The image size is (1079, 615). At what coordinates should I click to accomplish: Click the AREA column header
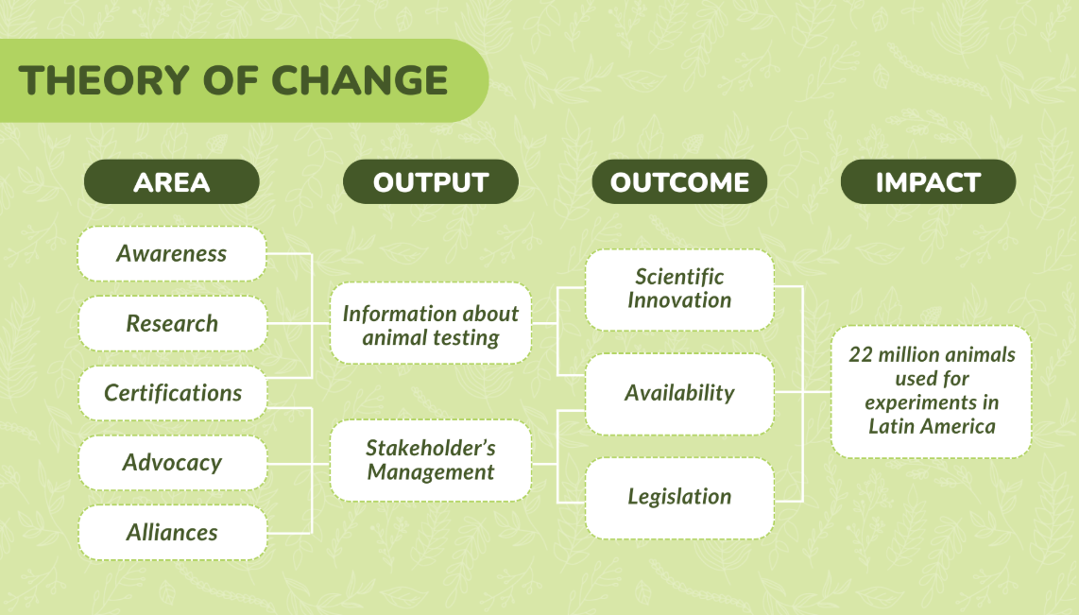pos(171,181)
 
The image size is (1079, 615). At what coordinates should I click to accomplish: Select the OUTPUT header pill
pos(431,181)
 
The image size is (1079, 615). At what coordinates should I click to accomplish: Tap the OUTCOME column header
pos(679,181)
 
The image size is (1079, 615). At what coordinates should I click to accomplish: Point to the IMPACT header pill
pos(928,181)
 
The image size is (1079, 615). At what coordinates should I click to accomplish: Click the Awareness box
pos(171,254)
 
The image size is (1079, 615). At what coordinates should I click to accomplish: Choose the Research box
pos(172,323)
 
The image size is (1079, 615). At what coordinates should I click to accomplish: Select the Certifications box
pos(172,393)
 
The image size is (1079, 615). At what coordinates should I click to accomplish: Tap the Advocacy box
pos(172,462)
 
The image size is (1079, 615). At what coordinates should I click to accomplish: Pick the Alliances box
pos(172,533)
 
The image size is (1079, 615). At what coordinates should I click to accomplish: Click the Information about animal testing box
pos(431,323)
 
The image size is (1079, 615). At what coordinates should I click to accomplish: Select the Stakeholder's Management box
pos(431,460)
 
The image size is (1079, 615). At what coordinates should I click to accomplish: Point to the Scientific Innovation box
pos(679,290)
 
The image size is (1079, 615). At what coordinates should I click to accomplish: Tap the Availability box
pos(679,394)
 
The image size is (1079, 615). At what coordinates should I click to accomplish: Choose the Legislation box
pos(679,497)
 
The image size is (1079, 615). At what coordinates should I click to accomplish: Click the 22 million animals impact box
pos(931,391)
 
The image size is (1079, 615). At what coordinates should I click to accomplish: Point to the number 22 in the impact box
pos(860,355)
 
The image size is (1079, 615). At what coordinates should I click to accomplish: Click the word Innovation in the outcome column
pos(679,300)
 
